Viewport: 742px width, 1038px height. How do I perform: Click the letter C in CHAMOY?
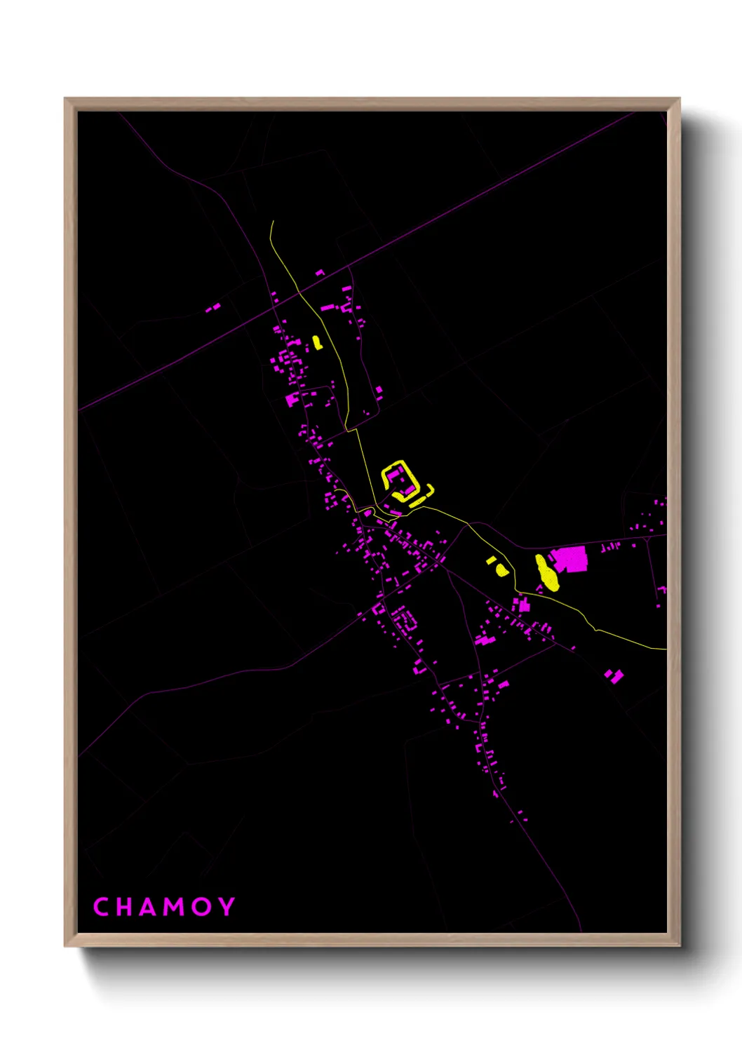pyautogui.click(x=102, y=907)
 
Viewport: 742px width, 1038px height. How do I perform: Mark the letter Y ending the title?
pyautogui.click(x=227, y=907)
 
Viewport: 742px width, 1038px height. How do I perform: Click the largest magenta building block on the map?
pyautogui.click(x=570, y=559)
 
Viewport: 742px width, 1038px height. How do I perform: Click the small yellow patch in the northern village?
pyautogui.click(x=317, y=342)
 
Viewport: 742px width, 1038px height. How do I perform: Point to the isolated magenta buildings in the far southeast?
pyautogui.click(x=614, y=675)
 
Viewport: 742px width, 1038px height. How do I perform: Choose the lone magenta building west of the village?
pyautogui.click(x=213, y=307)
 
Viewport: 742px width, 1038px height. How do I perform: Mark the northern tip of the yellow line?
pyautogui.click(x=272, y=222)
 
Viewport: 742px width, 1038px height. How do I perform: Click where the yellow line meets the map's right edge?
pyautogui.click(x=665, y=649)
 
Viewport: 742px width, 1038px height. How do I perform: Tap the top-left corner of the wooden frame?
pyautogui.click(x=66, y=100)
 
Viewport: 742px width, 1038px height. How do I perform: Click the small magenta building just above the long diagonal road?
pyautogui.click(x=320, y=272)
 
